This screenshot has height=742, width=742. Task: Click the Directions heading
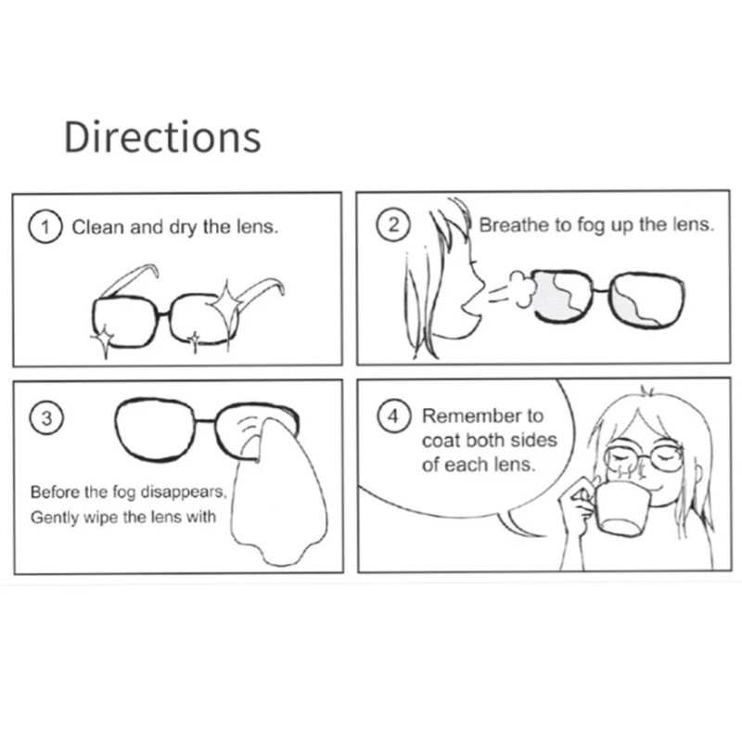click(x=162, y=136)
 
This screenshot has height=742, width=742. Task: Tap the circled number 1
click(x=45, y=225)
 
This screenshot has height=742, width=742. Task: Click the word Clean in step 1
click(x=97, y=226)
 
